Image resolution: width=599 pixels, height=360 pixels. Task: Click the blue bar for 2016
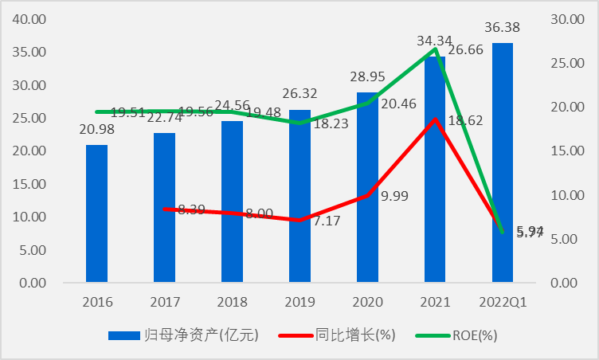click(96, 213)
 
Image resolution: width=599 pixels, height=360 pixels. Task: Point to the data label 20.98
click(96, 131)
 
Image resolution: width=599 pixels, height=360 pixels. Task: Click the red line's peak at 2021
click(435, 119)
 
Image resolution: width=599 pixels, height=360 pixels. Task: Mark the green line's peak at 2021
click(435, 49)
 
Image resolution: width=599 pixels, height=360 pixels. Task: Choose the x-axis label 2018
click(232, 303)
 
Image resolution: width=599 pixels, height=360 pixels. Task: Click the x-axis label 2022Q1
click(503, 303)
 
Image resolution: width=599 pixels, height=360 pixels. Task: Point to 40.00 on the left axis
click(29, 19)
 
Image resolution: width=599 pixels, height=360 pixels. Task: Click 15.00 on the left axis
click(29, 184)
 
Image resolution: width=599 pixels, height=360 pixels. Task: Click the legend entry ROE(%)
click(466, 335)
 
